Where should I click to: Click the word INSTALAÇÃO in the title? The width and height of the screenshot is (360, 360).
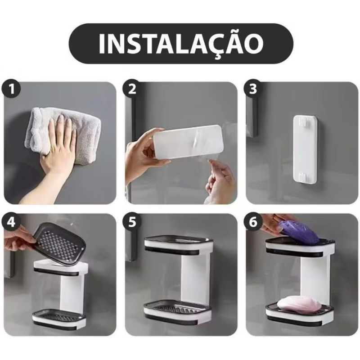[x=180, y=43]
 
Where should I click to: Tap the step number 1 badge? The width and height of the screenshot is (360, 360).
[x=12, y=89]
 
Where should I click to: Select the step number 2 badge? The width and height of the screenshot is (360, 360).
[x=132, y=89]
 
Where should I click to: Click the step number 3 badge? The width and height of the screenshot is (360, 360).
[x=253, y=89]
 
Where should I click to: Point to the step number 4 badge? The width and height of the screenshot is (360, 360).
[x=12, y=222]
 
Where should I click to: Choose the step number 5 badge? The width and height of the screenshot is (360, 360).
[x=132, y=222]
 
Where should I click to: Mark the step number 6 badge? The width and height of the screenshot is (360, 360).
[x=253, y=222]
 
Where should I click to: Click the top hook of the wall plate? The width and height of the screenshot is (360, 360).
[x=306, y=121]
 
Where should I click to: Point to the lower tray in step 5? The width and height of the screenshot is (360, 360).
[x=177, y=310]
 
